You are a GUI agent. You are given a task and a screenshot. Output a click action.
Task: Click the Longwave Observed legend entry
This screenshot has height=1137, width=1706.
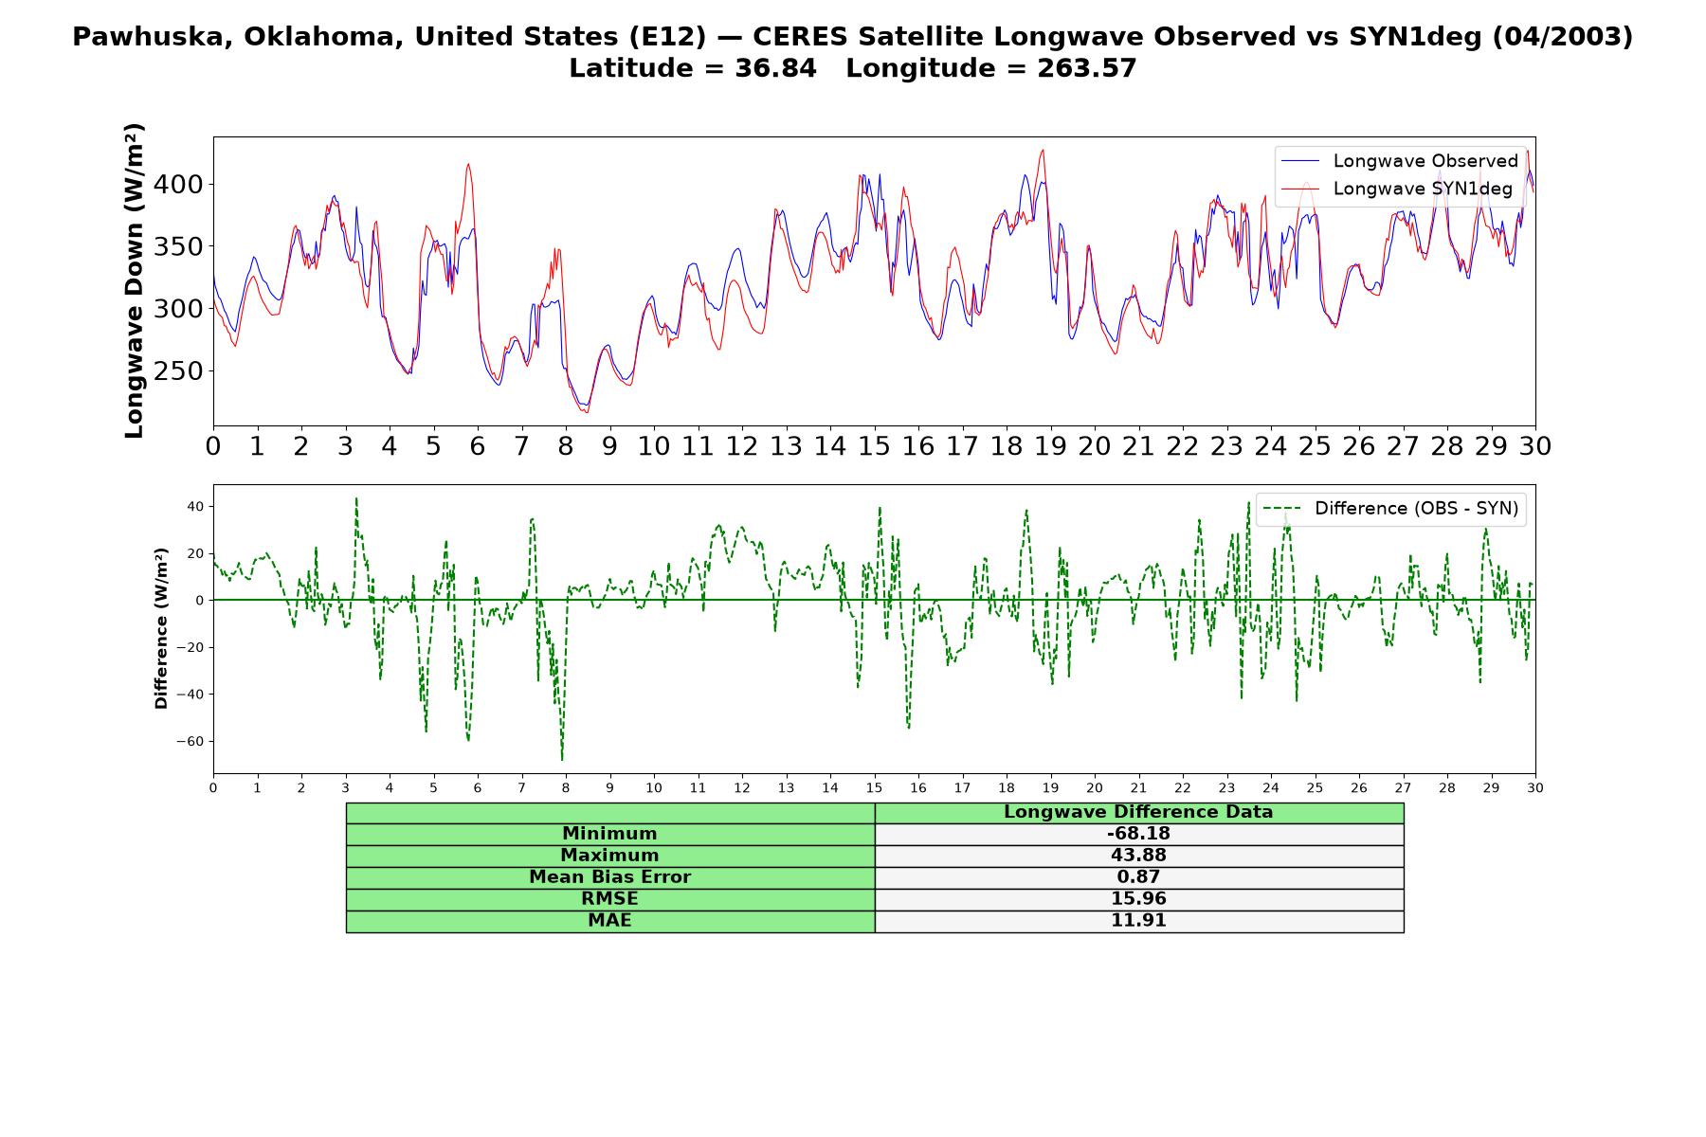(1399, 161)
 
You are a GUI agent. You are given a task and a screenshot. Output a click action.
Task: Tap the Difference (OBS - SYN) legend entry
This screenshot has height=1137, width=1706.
(1390, 509)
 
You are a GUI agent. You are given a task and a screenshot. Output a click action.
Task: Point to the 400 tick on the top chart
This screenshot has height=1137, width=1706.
(179, 184)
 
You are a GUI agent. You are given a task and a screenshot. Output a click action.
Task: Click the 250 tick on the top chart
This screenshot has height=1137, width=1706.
(179, 371)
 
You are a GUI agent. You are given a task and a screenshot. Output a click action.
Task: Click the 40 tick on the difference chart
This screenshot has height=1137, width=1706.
(195, 506)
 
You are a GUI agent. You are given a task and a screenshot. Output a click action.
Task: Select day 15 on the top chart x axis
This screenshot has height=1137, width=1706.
(874, 445)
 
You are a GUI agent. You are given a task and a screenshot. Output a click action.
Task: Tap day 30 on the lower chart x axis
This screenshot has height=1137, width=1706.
(1535, 787)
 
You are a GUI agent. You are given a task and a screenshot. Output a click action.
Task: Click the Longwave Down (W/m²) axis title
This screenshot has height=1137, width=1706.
(135, 280)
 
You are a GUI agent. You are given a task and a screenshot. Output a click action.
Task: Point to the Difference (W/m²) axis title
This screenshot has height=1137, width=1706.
(161, 628)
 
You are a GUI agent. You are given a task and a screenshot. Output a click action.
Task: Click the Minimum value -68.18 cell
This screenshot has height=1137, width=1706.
(1138, 834)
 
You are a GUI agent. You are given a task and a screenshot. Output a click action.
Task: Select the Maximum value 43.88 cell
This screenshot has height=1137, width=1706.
(1138, 856)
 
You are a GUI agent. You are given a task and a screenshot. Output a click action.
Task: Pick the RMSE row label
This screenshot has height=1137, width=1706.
(609, 899)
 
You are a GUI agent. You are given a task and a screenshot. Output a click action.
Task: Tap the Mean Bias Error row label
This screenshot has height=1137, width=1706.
(609, 877)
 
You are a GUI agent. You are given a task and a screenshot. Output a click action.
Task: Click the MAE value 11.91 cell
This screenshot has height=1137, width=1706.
(1138, 921)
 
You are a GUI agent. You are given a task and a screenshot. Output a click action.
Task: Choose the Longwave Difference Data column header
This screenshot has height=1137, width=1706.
(1138, 812)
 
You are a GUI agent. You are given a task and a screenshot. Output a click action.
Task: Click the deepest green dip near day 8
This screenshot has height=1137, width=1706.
(562, 759)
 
